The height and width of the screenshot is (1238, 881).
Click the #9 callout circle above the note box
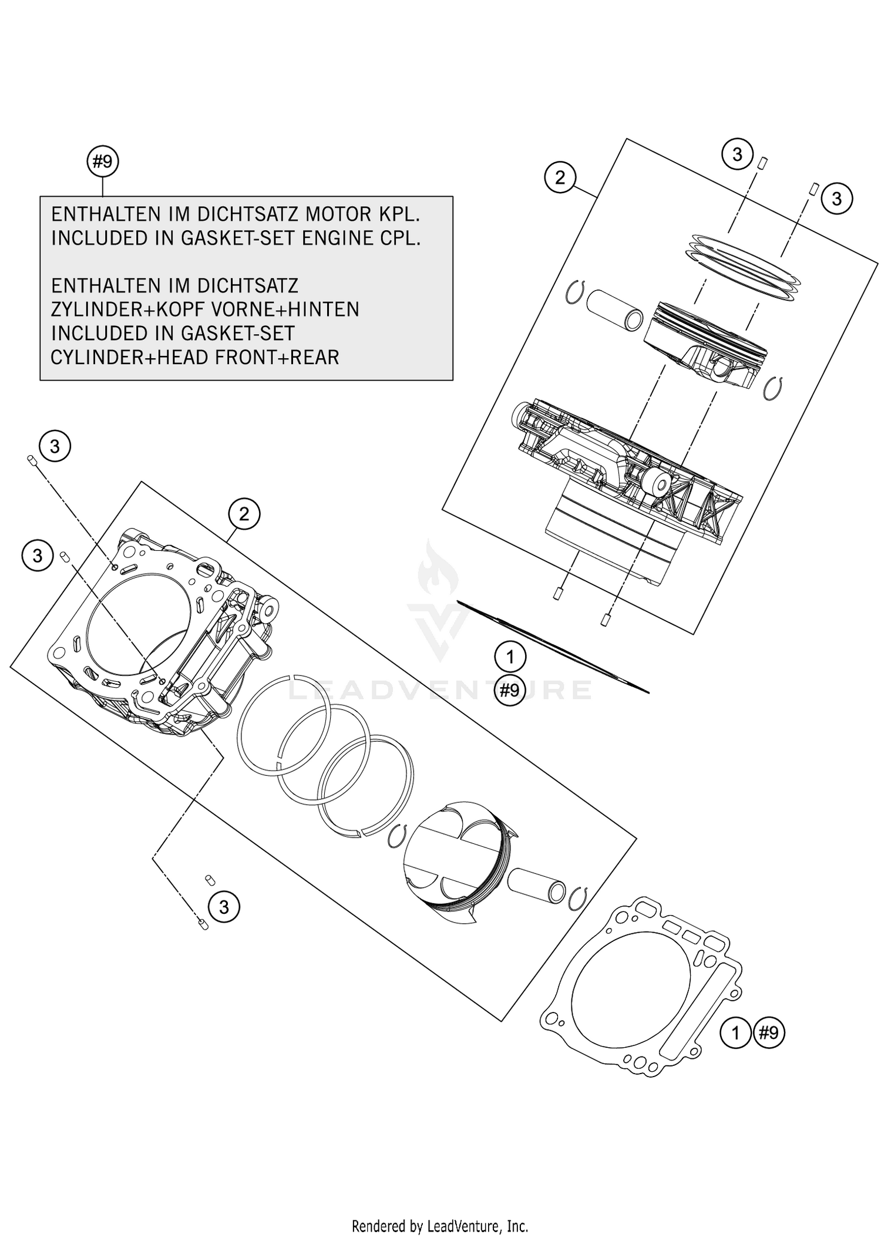click(x=103, y=162)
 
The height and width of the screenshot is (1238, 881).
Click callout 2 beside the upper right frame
click(x=560, y=177)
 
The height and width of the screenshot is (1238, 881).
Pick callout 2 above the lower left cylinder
click(x=244, y=514)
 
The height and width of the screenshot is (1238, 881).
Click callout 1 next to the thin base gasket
click(x=510, y=657)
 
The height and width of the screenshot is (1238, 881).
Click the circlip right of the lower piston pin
click(x=579, y=899)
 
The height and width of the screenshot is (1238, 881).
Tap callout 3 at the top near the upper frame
click(x=737, y=154)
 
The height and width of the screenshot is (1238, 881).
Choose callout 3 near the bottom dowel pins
click(x=224, y=907)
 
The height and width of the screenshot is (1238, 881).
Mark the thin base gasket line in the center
click(x=552, y=646)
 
